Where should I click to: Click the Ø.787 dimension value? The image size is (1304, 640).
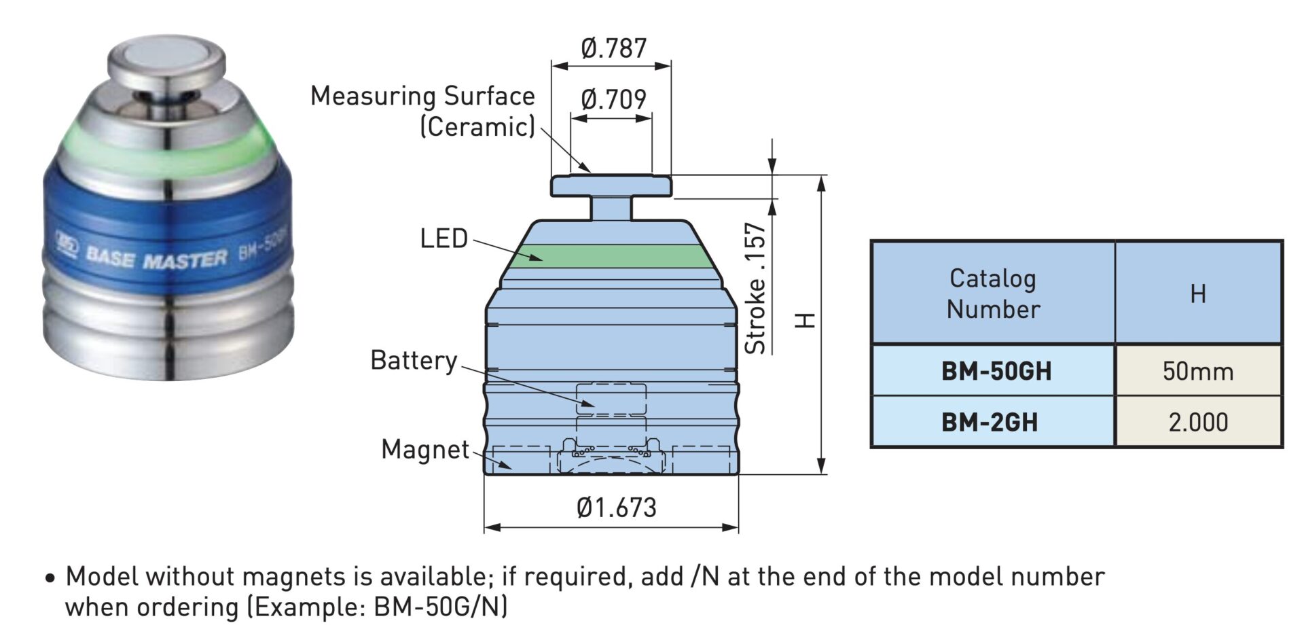[613, 48]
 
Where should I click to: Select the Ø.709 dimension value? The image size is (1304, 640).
[613, 99]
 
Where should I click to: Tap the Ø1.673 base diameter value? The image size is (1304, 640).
[617, 508]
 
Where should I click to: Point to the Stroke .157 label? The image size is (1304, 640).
[756, 288]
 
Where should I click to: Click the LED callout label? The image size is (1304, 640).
[444, 238]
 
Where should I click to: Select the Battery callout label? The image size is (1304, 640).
[414, 360]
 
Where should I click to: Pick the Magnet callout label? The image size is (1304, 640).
[425, 449]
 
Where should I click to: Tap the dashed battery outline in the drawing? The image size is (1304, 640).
[611, 399]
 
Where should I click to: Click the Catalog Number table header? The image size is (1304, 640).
[993, 294]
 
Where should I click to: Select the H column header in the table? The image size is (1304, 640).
[1198, 294]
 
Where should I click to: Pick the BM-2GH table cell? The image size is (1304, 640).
[990, 422]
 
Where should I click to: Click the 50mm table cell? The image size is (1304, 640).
[1198, 371]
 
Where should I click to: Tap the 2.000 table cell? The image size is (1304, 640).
[1198, 422]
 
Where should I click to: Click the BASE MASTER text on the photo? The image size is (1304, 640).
[156, 257]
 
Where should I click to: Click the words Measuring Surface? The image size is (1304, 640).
[422, 96]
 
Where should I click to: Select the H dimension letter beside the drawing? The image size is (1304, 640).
[805, 320]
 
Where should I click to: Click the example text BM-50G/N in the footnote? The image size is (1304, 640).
[440, 606]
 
